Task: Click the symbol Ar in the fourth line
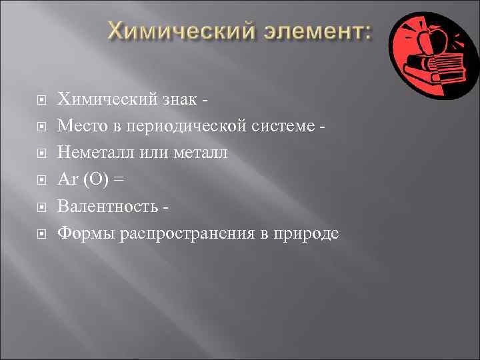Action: pos(66,180)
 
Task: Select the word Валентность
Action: pos(107,207)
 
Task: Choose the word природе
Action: pos(307,234)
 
